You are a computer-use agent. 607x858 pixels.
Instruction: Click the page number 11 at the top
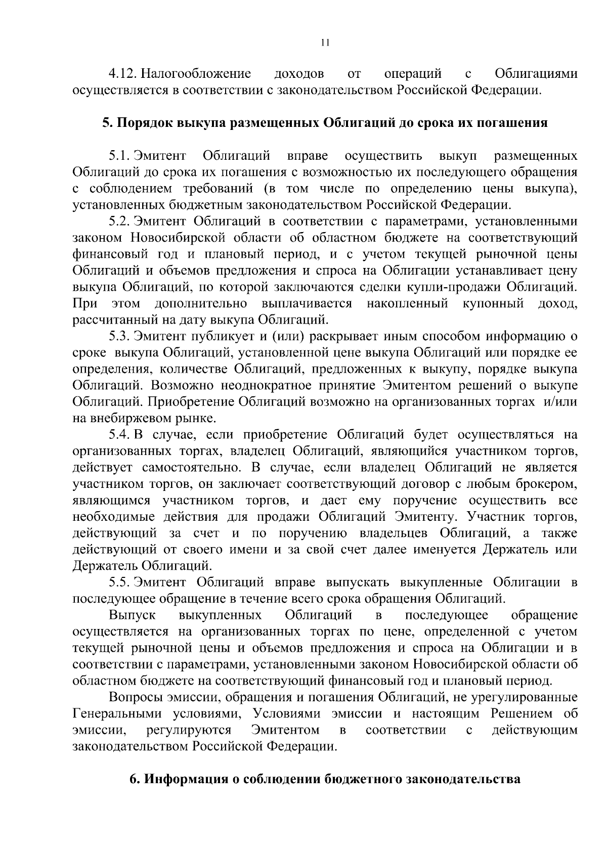point(325,43)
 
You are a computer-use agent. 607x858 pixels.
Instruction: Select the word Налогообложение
point(196,74)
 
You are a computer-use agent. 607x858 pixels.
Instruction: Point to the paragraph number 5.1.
point(120,156)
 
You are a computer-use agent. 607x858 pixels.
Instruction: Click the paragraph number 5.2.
point(120,221)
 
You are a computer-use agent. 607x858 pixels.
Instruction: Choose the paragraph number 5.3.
point(120,336)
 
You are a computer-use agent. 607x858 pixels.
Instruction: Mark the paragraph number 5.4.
point(120,435)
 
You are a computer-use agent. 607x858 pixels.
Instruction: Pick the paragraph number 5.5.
point(120,582)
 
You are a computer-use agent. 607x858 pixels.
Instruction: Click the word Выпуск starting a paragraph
point(132,615)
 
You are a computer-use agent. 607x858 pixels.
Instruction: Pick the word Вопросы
point(136,697)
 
